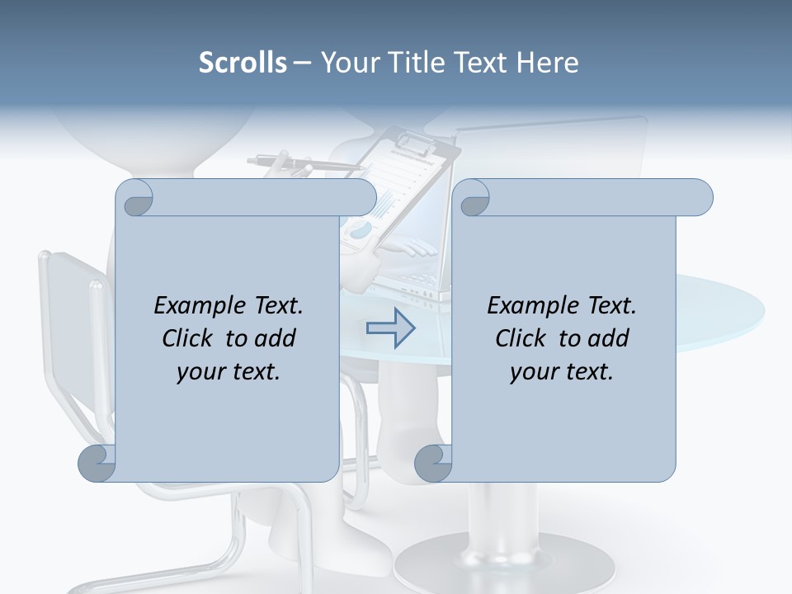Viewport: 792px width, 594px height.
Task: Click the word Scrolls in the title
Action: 243,63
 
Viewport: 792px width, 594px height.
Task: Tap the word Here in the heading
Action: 547,63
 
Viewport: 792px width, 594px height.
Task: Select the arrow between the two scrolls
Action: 391,328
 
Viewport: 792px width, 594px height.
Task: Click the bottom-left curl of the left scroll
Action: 97,464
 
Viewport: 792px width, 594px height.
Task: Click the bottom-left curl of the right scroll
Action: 432,464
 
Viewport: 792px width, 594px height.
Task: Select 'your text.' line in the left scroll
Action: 229,371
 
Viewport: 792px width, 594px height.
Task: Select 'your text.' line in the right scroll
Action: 562,371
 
